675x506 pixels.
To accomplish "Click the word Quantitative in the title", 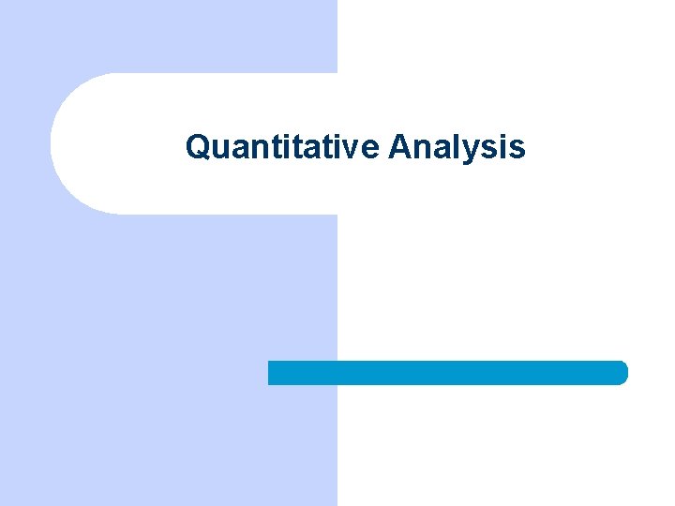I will [x=282, y=147].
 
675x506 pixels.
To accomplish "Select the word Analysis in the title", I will [x=457, y=147].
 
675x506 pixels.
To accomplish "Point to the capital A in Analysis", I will [x=399, y=146].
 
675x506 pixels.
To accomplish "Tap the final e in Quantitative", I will [x=371, y=150].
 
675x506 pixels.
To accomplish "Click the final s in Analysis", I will [x=517, y=150].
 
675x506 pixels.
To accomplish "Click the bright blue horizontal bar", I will [x=447, y=372].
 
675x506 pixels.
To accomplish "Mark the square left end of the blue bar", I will [x=272, y=372].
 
